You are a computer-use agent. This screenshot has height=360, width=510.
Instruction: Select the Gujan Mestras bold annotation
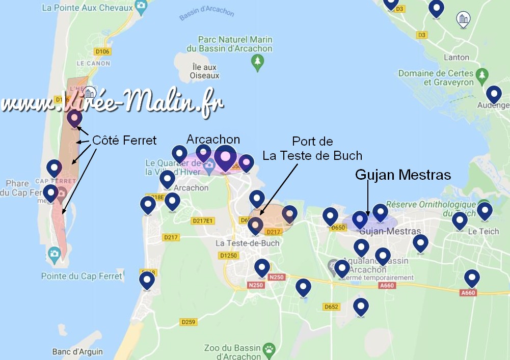[402, 175]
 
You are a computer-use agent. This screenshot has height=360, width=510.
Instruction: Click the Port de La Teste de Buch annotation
[312, 148]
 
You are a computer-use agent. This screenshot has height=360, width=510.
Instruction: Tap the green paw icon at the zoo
[269, 349]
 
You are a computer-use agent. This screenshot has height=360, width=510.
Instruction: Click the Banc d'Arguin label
[77, 352]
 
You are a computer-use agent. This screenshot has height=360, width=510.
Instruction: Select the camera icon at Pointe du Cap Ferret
[53, 254]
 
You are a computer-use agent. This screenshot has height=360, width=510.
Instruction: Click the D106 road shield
[102, 51]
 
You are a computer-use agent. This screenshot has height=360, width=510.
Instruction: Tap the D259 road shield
[189, 322]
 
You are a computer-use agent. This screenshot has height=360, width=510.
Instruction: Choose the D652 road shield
[331, 307]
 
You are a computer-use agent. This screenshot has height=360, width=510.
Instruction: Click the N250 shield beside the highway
[276, 277]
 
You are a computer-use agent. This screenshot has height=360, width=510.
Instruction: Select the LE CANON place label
[93, 64]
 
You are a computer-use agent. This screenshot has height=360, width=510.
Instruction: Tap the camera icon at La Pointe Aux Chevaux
[141, 7]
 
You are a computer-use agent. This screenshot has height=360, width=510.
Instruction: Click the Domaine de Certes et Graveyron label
[436, 78]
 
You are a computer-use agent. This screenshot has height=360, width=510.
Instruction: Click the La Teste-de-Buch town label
[248, 243]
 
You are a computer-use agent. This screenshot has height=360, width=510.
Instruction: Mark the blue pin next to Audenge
[493, 94]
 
